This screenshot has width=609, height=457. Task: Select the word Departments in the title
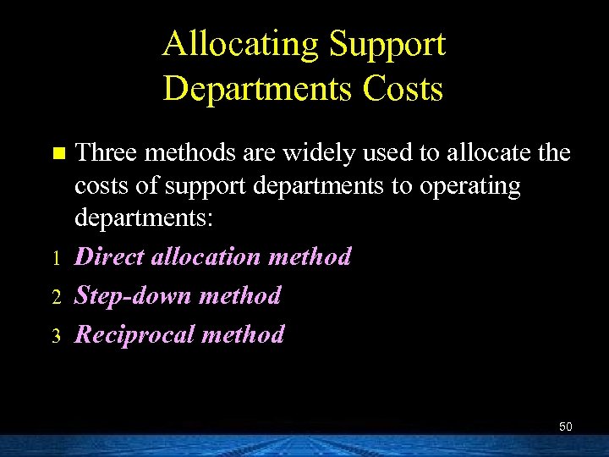click(259, 88)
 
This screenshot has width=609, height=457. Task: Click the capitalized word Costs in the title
click(404, 88)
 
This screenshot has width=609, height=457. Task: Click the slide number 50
click(565, 427)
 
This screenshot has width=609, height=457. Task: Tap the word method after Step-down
click(242, 295)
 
